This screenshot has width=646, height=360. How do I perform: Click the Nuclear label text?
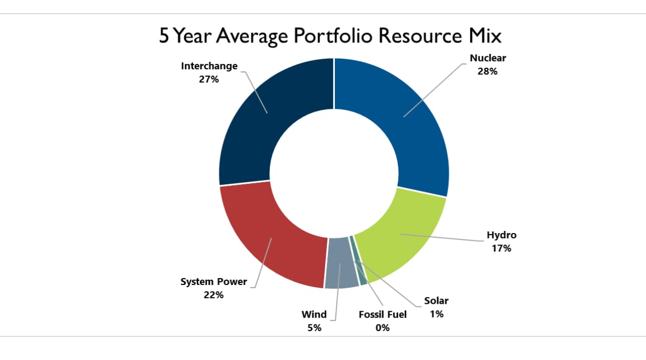click(488, 58)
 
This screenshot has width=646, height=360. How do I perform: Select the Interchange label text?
click(209, 66)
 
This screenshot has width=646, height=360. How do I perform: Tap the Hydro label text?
click(501, 235)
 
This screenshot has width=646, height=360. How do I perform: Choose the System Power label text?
click(214, 282)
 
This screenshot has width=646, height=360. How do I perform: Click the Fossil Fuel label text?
click(383, 315)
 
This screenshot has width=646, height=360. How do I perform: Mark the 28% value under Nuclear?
click(488, 71)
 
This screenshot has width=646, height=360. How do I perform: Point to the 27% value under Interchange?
click(209, 79)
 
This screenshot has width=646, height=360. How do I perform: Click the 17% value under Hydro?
click(501, 248)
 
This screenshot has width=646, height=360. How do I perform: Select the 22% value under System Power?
click(214, 295)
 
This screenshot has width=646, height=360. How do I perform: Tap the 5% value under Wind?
click(314, 328)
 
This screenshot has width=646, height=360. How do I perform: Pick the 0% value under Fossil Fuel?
click(383, 328)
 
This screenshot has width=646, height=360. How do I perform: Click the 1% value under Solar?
click(437, 314)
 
